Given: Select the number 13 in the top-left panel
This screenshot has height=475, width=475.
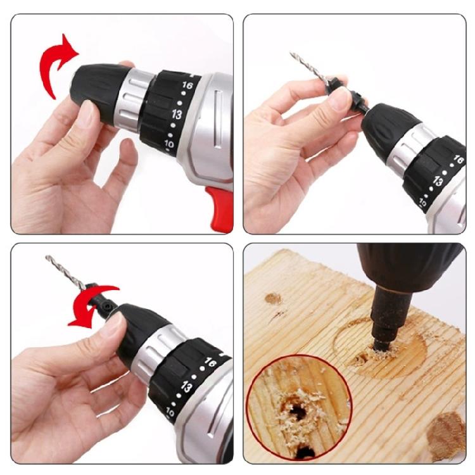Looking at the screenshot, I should click(x=177, y=115).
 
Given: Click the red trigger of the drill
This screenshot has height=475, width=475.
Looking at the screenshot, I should click(x=220, y=205).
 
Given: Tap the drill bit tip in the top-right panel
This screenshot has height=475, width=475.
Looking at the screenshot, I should click(x=293, y=55).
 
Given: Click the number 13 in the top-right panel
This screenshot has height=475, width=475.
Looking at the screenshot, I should click(x=438, y=180).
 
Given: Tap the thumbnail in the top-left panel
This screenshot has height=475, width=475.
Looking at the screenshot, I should click(x=87, y=114).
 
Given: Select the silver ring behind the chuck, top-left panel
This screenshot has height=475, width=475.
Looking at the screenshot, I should click(x=134, y=98).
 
